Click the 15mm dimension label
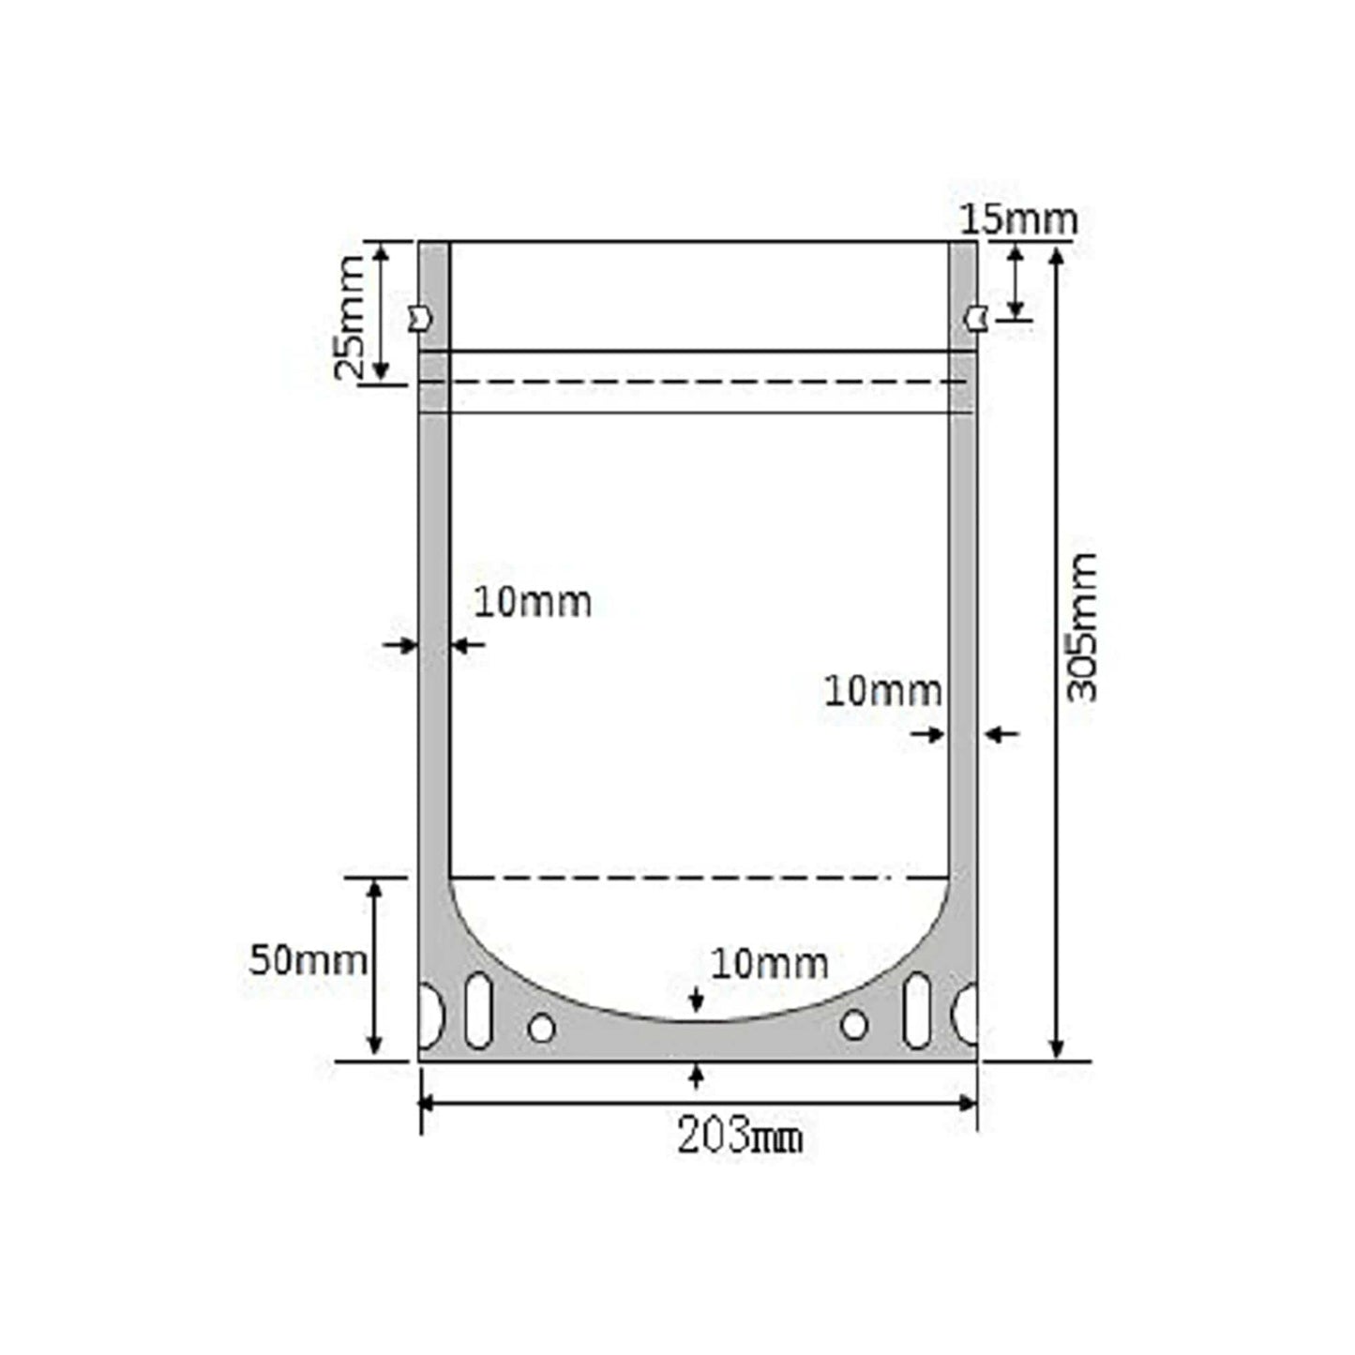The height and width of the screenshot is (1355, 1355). [x=1018, y=221]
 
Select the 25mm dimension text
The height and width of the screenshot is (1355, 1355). [x=350, y=317]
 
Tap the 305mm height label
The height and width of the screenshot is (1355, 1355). [x=1082, y=627]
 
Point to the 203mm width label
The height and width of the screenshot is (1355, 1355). [x=740, y=1137]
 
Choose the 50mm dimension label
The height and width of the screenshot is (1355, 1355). [x=307, y=960]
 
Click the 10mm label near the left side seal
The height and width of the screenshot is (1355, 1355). [x=532, y=603]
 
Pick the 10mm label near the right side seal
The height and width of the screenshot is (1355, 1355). [x=882, y=692]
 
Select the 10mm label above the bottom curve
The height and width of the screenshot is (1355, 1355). [x=769, y=963]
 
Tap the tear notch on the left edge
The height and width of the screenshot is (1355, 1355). [x=419, y=319]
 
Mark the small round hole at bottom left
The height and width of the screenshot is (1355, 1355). [x=541, y=1028]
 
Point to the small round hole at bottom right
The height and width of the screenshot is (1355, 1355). [x=853, y=1025]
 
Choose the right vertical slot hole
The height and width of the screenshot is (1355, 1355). [x=916, y=1010]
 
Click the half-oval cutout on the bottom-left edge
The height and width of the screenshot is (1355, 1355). [x=429, y=1015]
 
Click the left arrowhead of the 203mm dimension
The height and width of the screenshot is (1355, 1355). [x=427, y=1103]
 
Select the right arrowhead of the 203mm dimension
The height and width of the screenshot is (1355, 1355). [x=970, y=1103]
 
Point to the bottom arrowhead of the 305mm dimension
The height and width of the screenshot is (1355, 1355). [x=1058, y=1050]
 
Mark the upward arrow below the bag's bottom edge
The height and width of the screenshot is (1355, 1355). [x=695, y=1075]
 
